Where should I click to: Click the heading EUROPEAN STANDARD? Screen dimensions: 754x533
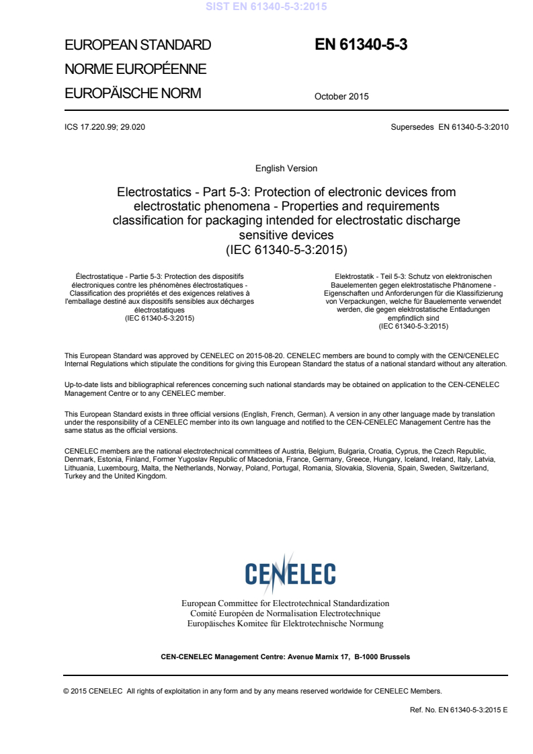137,45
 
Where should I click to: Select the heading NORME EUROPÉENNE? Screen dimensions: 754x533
134,69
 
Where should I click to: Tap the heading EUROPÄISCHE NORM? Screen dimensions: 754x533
132,93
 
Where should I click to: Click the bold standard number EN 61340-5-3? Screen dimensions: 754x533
361,45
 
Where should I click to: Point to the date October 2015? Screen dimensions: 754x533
341,96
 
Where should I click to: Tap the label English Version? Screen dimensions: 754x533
286,168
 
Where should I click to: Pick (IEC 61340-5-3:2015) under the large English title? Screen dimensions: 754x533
286,250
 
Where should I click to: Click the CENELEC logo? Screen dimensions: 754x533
290,573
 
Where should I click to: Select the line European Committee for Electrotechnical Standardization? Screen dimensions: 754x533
286,603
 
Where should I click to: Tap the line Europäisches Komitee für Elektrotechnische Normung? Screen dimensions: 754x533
286,624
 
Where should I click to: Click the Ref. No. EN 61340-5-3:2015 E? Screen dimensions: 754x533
458,710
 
